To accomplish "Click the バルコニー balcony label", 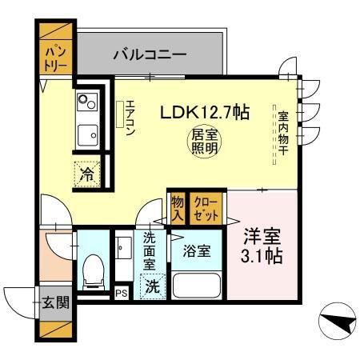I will click(150, 55).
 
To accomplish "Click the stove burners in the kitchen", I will click(86, 103).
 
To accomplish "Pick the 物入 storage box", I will click(177, 210).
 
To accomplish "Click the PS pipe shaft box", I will click(122, 294).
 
